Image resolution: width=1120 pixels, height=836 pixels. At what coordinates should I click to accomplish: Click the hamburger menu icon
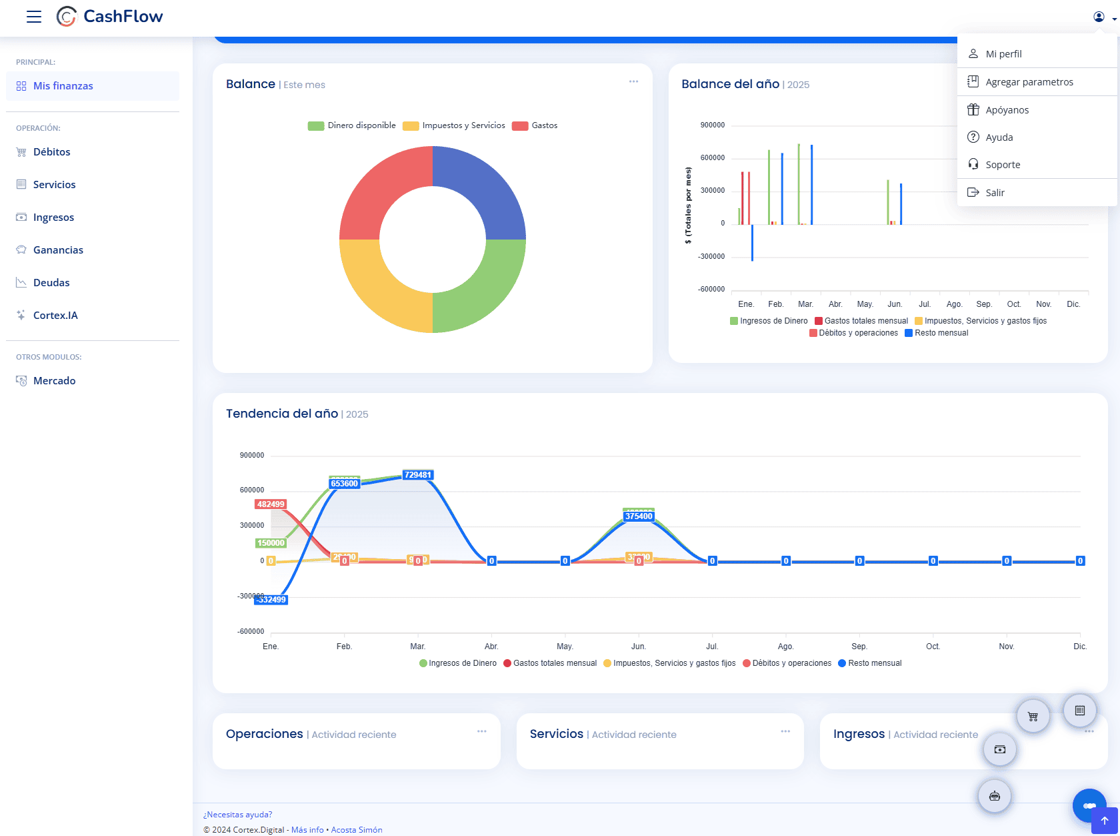click(x=34, y=17)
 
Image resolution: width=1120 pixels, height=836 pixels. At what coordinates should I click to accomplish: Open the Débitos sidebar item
click(x=51, y=152)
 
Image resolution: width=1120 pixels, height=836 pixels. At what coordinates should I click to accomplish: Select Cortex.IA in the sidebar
click(x=55, y=316)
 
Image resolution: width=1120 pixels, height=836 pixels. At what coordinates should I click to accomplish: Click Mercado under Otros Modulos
click(x=54, y=381)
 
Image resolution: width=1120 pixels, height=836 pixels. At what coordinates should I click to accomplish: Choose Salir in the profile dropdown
click(x=995, y=193)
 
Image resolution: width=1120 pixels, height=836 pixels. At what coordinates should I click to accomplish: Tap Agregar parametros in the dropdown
click(x=1029, y=82)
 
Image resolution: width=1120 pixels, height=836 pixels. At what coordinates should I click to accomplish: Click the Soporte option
click(x=1002, y=165)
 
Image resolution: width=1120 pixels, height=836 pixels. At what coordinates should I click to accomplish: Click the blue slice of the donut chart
click(x=480, y=193)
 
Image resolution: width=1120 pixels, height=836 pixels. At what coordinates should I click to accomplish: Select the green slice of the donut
click(x=480, y=287)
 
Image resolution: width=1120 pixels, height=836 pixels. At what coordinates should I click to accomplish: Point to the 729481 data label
click(x=418, y=475)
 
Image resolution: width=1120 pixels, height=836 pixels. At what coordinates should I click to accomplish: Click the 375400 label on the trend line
click(x=639, y=516)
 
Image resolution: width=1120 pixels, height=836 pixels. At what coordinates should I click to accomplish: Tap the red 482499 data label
click(x=271, y=504)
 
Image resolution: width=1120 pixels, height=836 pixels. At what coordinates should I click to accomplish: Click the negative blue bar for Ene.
click(x=752, y=244)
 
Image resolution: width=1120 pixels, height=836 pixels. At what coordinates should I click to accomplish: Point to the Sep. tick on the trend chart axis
click(x=859, y=647)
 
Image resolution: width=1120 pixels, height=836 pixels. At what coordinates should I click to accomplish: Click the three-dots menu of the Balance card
click(x=633, y=82)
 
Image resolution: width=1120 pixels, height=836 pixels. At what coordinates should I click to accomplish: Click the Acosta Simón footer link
click(x=357, y=830)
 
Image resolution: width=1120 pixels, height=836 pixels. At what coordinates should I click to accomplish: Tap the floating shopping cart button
click(x=1033, y=717)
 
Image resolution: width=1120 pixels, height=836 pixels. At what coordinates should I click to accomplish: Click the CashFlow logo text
click(x=123, y=17)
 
